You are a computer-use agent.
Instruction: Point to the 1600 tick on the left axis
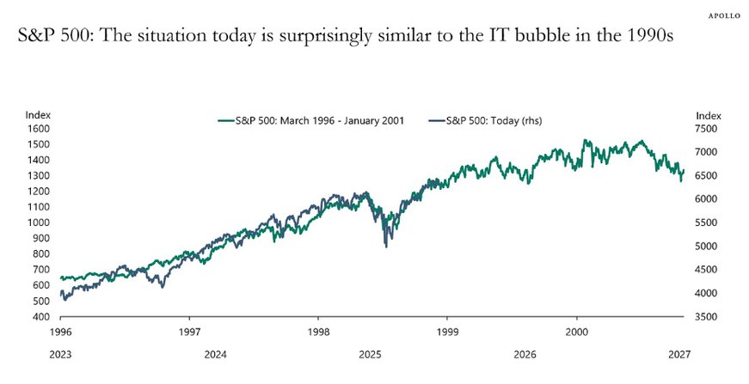(38, 129)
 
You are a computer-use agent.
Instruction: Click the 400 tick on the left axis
(40, 317)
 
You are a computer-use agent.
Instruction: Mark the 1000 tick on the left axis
(38, 222)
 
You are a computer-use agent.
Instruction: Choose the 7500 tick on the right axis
(708, 129)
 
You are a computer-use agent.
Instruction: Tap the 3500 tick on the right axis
(708, 317)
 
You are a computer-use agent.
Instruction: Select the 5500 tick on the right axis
(708, 222)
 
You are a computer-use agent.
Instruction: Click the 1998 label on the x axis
(318, 331)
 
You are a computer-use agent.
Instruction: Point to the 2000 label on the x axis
(576, 331)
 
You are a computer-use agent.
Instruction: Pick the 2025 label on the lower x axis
(370, 353)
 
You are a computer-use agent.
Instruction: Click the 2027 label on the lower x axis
(678, 353)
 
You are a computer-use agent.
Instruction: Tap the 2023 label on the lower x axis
(60, 353)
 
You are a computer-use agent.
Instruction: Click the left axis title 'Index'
(38, 115)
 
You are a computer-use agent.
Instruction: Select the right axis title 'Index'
(708, 115)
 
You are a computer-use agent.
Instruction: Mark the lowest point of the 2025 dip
(385, 247)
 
